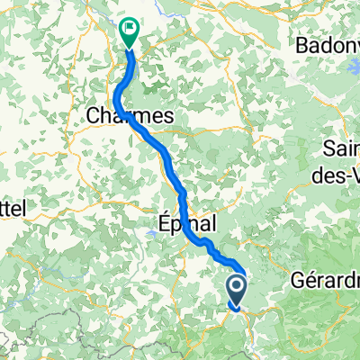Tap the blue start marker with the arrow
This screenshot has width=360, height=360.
(x=237, y=290)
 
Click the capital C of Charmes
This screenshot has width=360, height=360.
(x=94, y=115)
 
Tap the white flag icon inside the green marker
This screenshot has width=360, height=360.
(x=130, y=29)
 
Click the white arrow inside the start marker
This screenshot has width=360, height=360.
(x=237, y=288)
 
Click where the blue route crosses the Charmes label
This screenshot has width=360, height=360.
(x=126, y=115)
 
